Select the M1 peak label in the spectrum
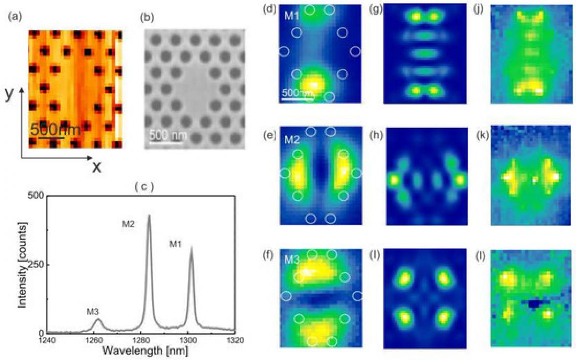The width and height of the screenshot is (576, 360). (x=174, y=244)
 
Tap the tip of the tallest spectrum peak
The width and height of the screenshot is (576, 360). (x=149, y=215)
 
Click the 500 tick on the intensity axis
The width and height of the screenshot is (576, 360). (x=38, y=195)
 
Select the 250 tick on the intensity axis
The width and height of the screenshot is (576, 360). (x=38, y=264)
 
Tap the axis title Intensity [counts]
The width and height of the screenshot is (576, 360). (x=22, y=265)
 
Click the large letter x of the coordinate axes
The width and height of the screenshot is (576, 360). (x=97, y=166)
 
